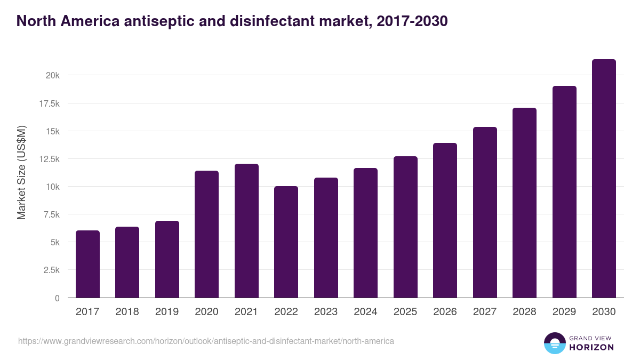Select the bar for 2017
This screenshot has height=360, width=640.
click(x=87, y=264)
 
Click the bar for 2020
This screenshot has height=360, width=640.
click(x=206, y=234)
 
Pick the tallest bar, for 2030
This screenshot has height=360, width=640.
click(x=604, y=179)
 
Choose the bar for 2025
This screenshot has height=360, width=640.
click(x=405, y=227)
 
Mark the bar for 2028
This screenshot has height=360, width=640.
click(x=524, y=203)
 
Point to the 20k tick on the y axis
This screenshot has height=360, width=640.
click(x=52, y=76)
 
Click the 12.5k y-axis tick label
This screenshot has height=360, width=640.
click(x=49, y=159)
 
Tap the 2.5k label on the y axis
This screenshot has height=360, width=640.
click(x=51, y=270)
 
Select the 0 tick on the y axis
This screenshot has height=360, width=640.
click(x=57, y=298)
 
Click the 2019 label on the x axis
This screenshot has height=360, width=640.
click(x=167, y=312)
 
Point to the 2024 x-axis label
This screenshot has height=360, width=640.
click(x=365, y=312)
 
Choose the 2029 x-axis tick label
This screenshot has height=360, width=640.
click(x=564, y=312)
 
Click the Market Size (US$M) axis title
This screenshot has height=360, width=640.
click(x=21, y=172)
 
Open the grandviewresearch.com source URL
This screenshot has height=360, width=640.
click(x=206, y=341)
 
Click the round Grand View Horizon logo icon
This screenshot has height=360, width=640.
click(x=554, y=343)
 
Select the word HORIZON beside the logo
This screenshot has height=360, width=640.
click(x=591, y=347)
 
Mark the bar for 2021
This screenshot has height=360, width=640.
click(x=246, y=230)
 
